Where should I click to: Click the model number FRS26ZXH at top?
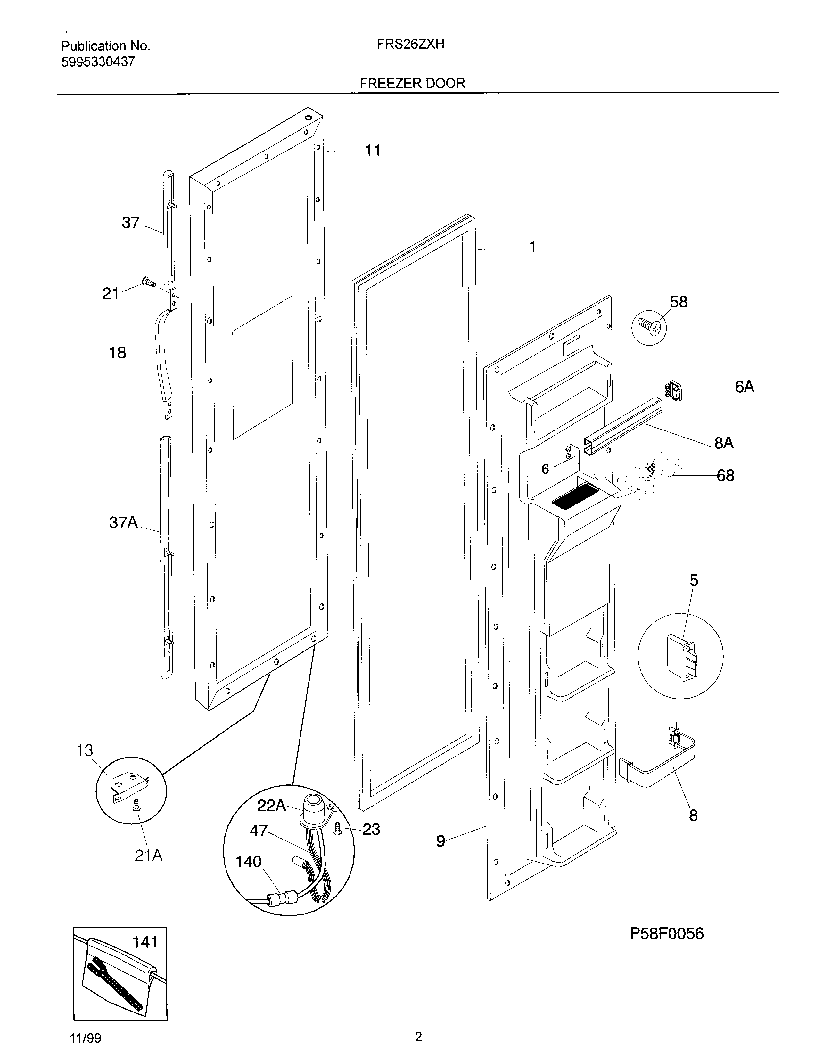(410, 45)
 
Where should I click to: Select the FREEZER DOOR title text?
(412, 83)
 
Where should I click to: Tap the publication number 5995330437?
(98, 62)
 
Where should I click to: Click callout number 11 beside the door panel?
(372, 151)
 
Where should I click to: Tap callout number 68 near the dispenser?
(725, 476)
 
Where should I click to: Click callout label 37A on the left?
(123, 523)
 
